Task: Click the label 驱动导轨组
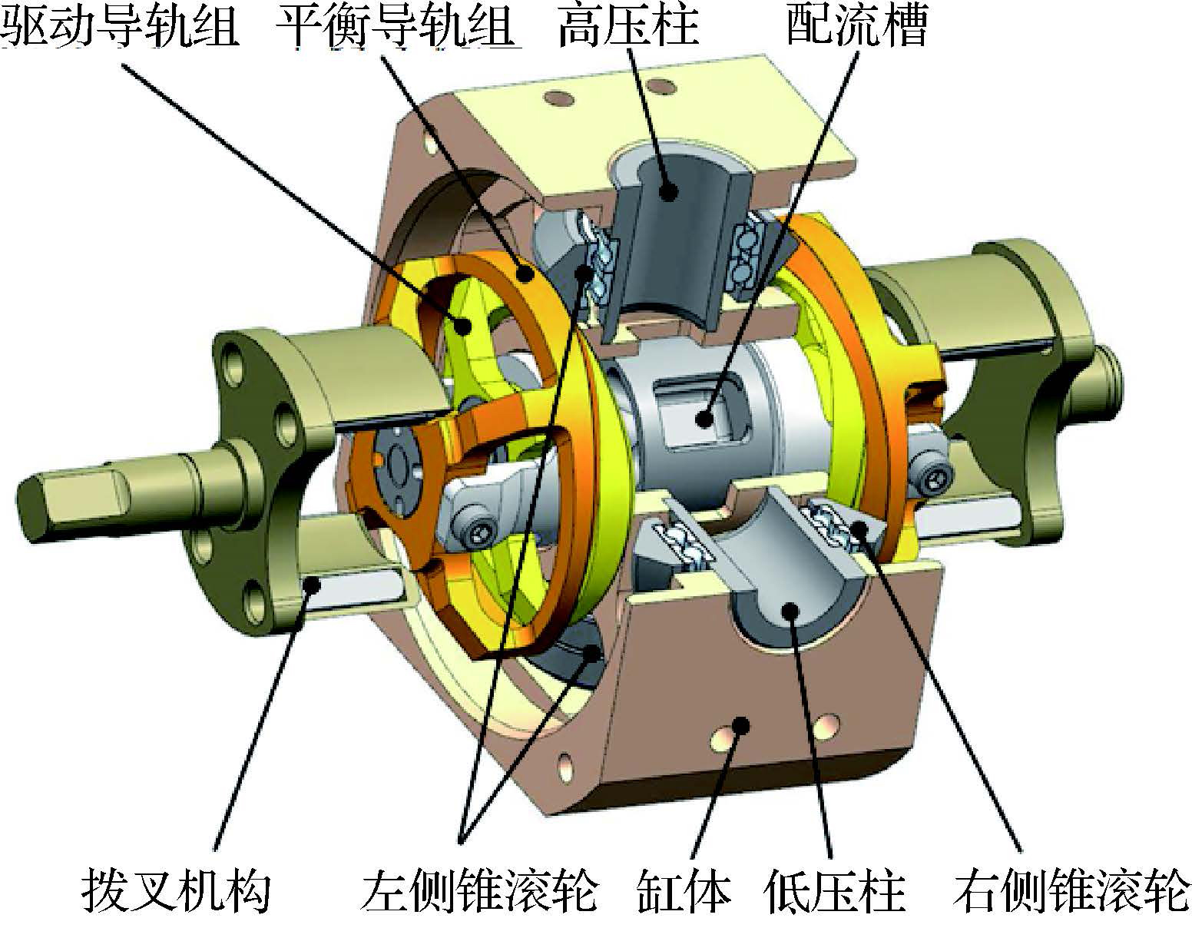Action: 120,25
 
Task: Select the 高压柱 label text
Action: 628,25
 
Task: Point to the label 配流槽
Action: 857,25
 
